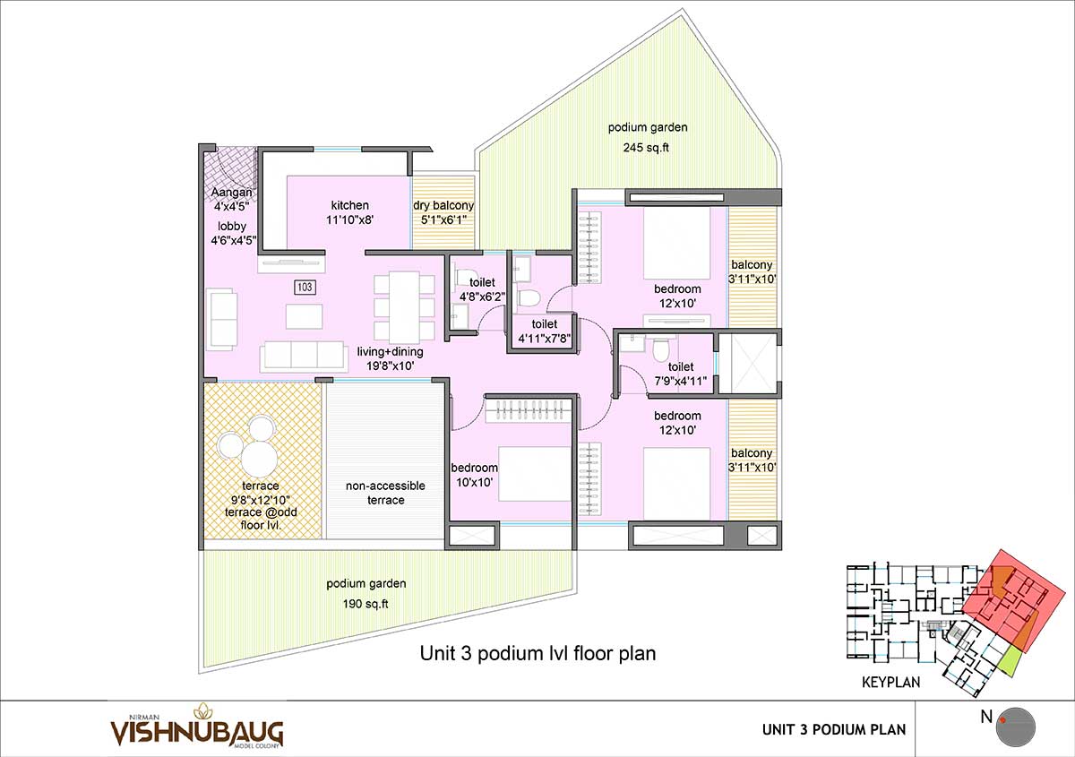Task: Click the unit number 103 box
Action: click(305, 287)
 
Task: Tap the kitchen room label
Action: click(350, 205)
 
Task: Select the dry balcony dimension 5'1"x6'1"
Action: click(444, 219)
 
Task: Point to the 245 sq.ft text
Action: click(646, 147)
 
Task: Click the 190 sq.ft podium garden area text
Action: click(365, 604)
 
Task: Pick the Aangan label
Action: click(232, 192)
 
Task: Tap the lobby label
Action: click(232, 226)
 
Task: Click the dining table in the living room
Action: click(404, 307)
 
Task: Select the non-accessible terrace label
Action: click(385, 493)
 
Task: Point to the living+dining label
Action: click(391, 351)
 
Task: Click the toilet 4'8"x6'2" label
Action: click(482, 289)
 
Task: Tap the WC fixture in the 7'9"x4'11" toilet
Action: click(661, 350)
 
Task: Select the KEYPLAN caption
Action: click(890, 682)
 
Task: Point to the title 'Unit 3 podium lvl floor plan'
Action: click(537, 653)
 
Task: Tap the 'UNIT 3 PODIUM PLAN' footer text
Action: click(834, 729)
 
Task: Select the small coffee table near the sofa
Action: click(305, 317)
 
